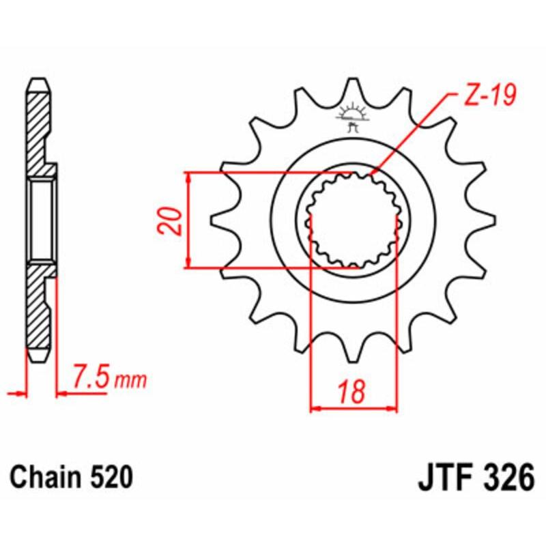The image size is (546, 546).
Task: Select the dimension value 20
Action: (x=172, y=220)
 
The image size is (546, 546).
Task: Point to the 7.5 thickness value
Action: (x=91, y=376)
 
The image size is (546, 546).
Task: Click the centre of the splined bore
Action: (x=354, y=220)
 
